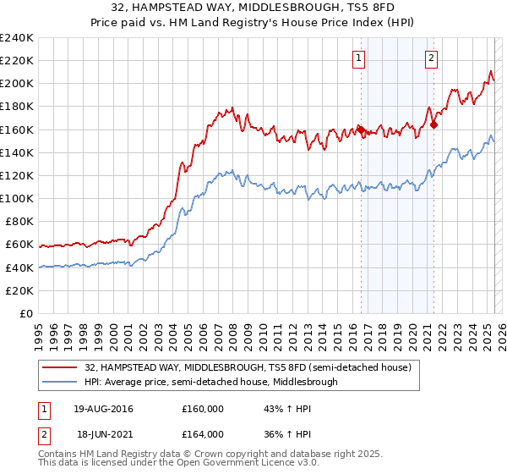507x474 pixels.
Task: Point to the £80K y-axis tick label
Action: (18, 222)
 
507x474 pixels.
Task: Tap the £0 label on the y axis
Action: (25, 313)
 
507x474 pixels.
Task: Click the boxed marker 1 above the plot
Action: (359, 58)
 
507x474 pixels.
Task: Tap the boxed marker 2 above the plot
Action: (431, 58)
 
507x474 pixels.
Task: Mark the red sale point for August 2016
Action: (361, 130)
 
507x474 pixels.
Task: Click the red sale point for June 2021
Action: (433, 124)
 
